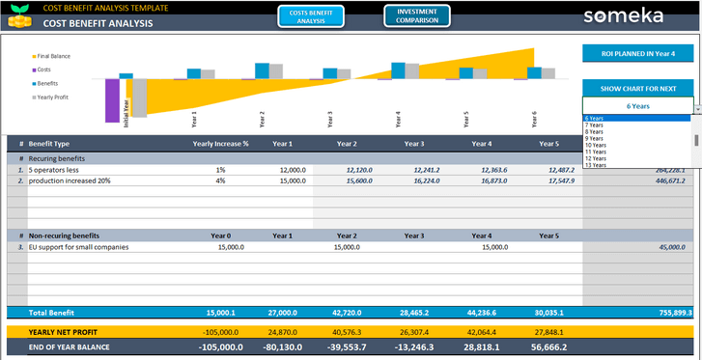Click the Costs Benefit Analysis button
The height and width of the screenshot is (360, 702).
[310, 15]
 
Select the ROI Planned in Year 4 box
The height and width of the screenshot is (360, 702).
[636, 55]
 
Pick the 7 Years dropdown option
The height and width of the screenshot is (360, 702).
[595, 125]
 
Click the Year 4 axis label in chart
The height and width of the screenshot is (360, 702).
[399, 119]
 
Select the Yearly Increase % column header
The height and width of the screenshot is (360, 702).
[220, 144]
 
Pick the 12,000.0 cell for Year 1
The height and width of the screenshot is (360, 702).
[292, 169]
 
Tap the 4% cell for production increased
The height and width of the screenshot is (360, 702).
[220, 180]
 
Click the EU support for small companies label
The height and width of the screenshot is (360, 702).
[78, 246]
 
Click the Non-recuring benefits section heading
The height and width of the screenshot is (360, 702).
[64, 235]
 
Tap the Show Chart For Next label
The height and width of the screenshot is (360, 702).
[636, 88]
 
